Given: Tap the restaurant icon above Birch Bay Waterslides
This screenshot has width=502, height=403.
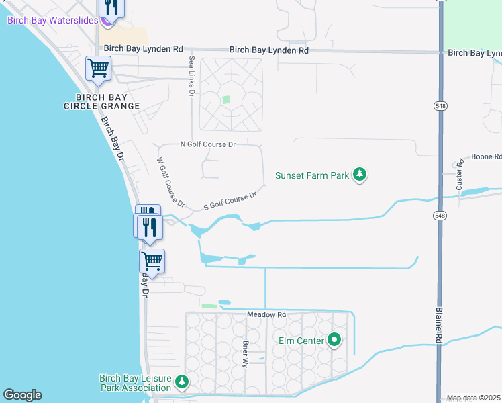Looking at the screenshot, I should point(111,7).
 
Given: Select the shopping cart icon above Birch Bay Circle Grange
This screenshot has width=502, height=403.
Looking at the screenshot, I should point(98,69).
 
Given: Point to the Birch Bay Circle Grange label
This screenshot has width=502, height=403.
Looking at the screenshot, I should point(102,101).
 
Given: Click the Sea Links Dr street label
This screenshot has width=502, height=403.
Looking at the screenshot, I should point(191,76).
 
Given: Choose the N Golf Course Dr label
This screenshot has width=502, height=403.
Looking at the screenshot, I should point(208,144).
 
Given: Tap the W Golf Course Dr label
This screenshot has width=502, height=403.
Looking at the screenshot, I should point(170,182).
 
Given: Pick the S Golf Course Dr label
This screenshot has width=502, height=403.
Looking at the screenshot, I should point(230,201).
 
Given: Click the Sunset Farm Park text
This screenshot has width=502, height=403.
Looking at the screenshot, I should point(312,176).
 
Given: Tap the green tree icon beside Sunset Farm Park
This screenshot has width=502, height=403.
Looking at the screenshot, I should point(360,175).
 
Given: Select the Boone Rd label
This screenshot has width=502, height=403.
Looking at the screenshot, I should point(486,157).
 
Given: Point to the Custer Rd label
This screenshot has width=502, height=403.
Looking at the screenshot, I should point(460,174).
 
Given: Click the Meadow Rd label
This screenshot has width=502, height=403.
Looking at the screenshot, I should point(266,314).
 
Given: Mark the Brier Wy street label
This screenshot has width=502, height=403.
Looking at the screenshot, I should point(246,353).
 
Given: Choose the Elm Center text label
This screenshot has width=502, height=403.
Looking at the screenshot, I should point(301,341).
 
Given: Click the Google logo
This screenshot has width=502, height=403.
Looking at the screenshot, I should point(22,395).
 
